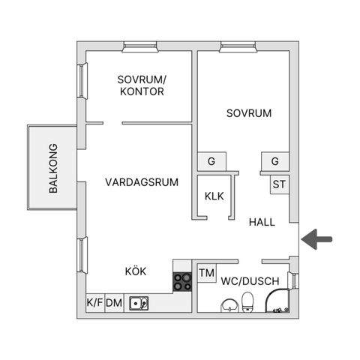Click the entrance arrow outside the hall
coord(316,239)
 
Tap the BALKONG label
coord(53,168)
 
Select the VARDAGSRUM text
coord(142,182)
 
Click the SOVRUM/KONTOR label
coord(142,85)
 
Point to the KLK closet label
coord(214,196)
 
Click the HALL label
coord(262,222)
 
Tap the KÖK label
coord(136,271)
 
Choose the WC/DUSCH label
coord(250,281)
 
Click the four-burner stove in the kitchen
coord(182,282)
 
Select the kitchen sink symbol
coord(139,303)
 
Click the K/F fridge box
coord(95,303)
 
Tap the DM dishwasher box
coord(114,303)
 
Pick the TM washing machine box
coord(207,273)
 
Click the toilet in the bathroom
coord(248,302)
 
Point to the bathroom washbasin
coord(229,305)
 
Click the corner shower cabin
coord(277,301)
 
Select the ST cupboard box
coord(280,184)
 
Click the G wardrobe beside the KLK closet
coord(211,161)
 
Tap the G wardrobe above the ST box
coord(275,161)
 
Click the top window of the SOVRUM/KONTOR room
coord(140,47)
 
